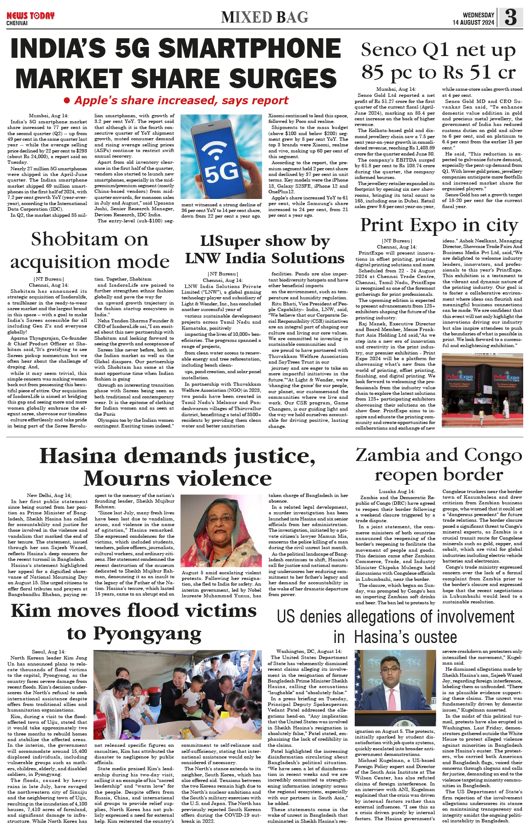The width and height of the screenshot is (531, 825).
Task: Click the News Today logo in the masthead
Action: [x=30, y=16]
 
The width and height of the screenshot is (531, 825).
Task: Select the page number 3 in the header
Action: [x=511, y=17]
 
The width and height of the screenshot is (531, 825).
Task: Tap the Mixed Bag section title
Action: [x=264, y=17]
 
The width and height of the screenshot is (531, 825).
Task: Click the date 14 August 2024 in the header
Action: [x=473, y=23]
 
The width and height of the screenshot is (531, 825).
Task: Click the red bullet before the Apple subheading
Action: [x=67, y=100]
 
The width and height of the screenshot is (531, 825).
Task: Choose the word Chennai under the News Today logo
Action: [x=17, y=23]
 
